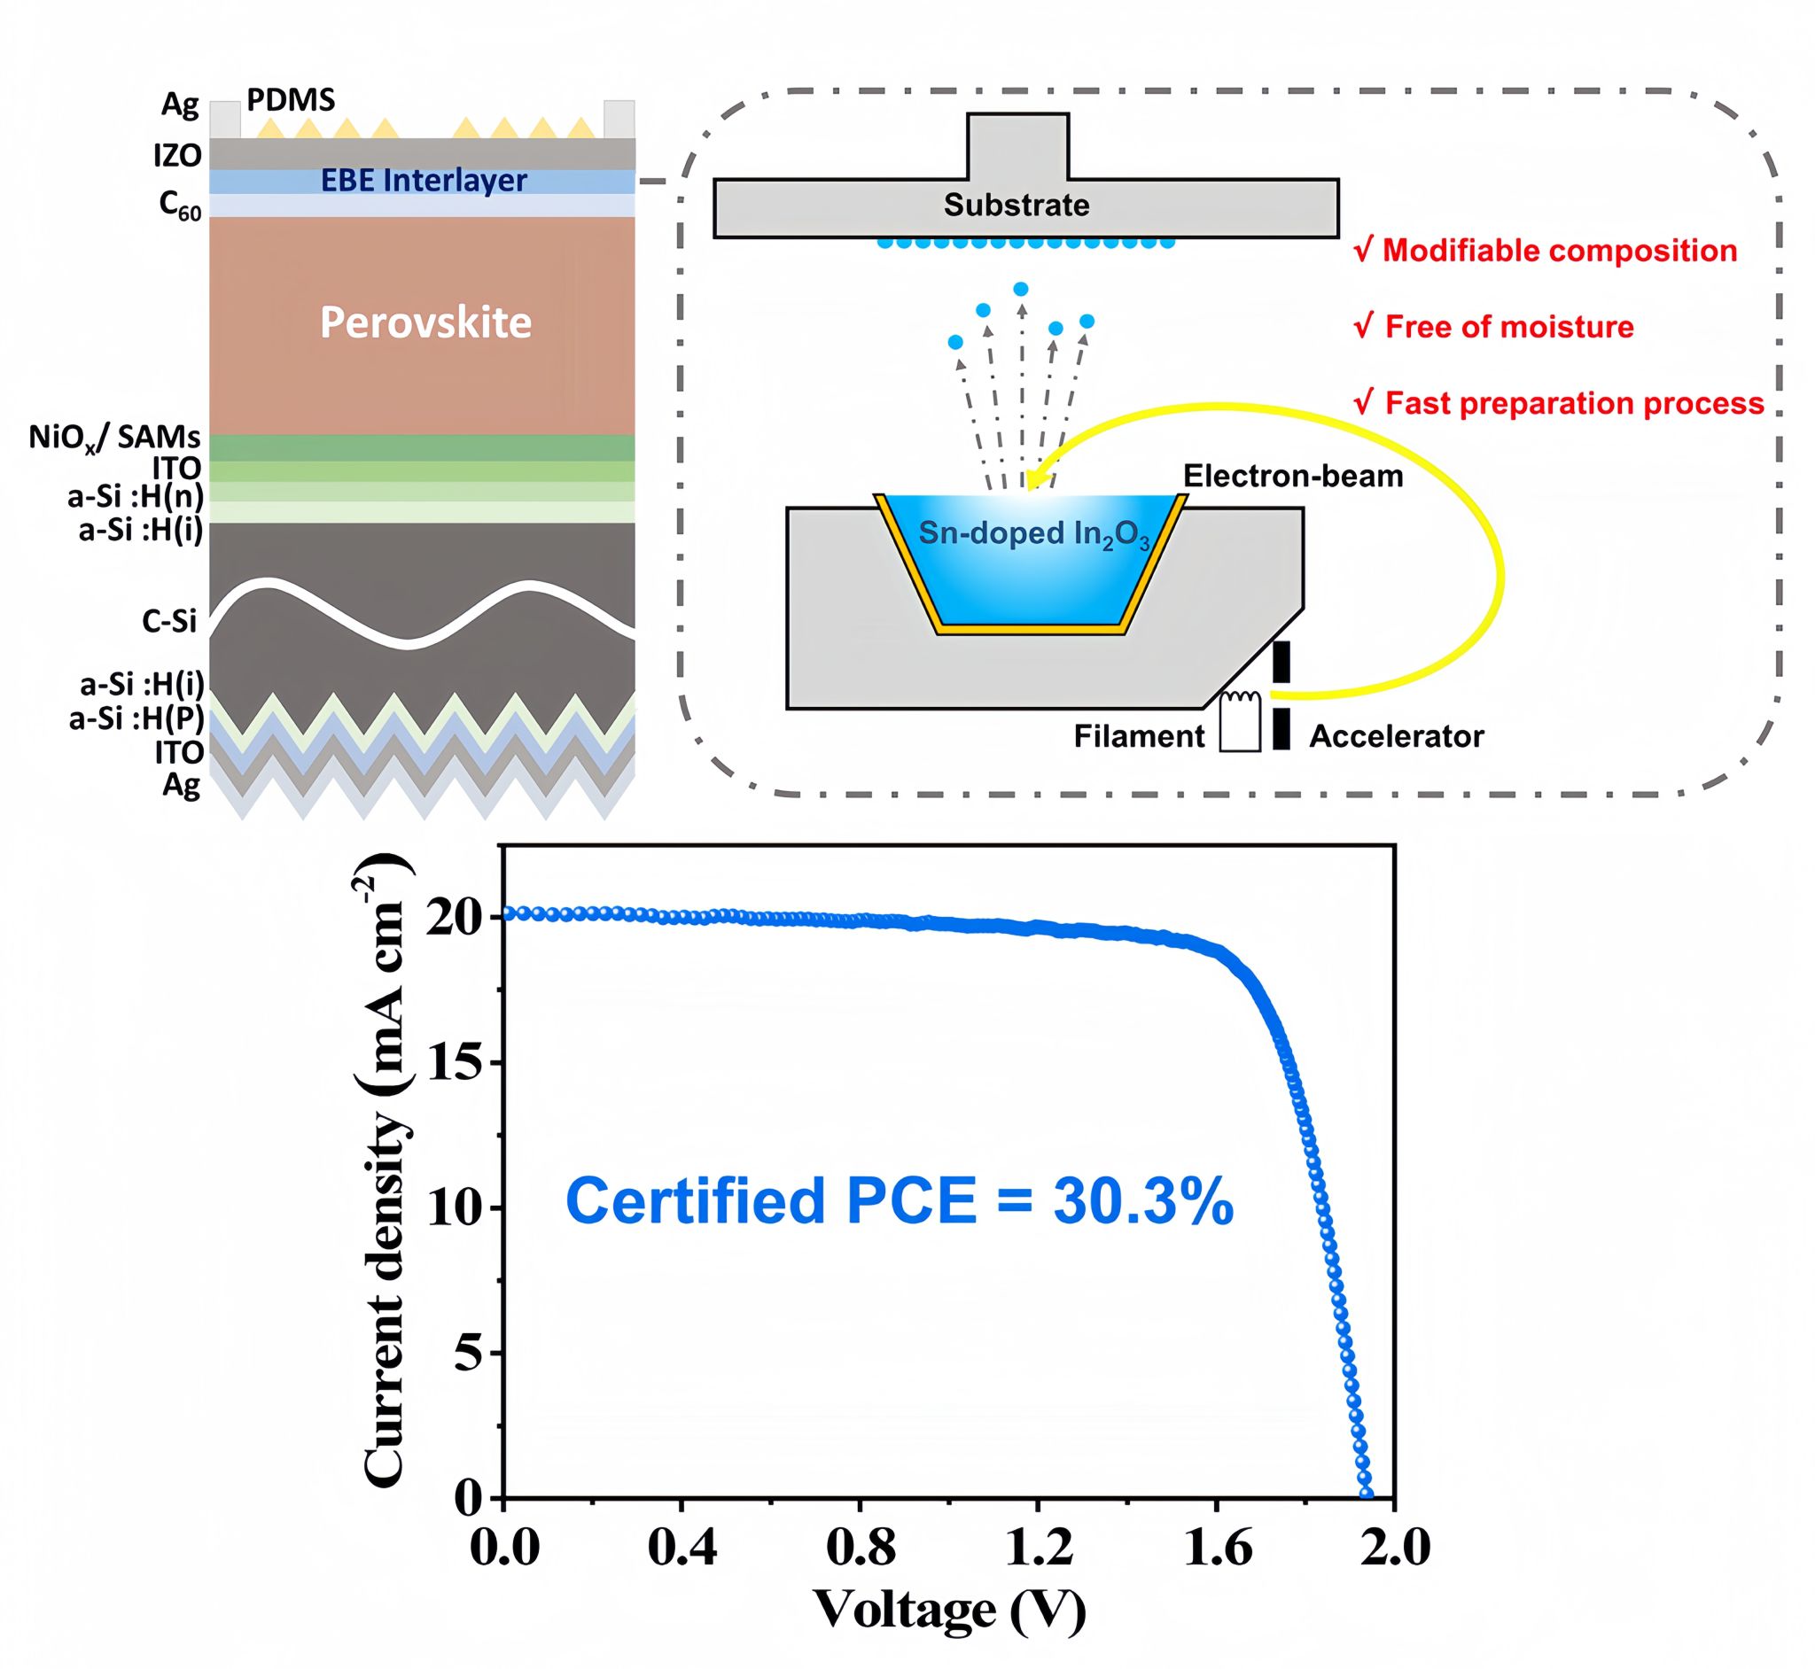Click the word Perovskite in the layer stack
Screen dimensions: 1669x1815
coord(425,322)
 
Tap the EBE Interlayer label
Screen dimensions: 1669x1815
coord(424,181)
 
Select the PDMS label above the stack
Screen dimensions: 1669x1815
coord(291,99)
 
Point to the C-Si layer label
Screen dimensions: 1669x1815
coord(169,621)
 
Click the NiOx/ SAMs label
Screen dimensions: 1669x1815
coord(114,437)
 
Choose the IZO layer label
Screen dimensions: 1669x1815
coord(177,155)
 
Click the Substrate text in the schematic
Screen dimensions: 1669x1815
coord(1017,205)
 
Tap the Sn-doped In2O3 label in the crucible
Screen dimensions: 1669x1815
coord(1033,534)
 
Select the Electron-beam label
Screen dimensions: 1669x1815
coord(1293,476)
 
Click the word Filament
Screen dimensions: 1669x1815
coord(1138,737)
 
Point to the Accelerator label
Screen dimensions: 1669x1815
coord(1396,737)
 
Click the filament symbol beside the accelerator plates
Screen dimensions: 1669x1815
coord(1240,721)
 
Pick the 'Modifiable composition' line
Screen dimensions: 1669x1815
coord(1546,251)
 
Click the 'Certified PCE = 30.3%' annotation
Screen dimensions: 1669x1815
coord(899,1202)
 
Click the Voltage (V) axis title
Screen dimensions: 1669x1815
coord(949,1610)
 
